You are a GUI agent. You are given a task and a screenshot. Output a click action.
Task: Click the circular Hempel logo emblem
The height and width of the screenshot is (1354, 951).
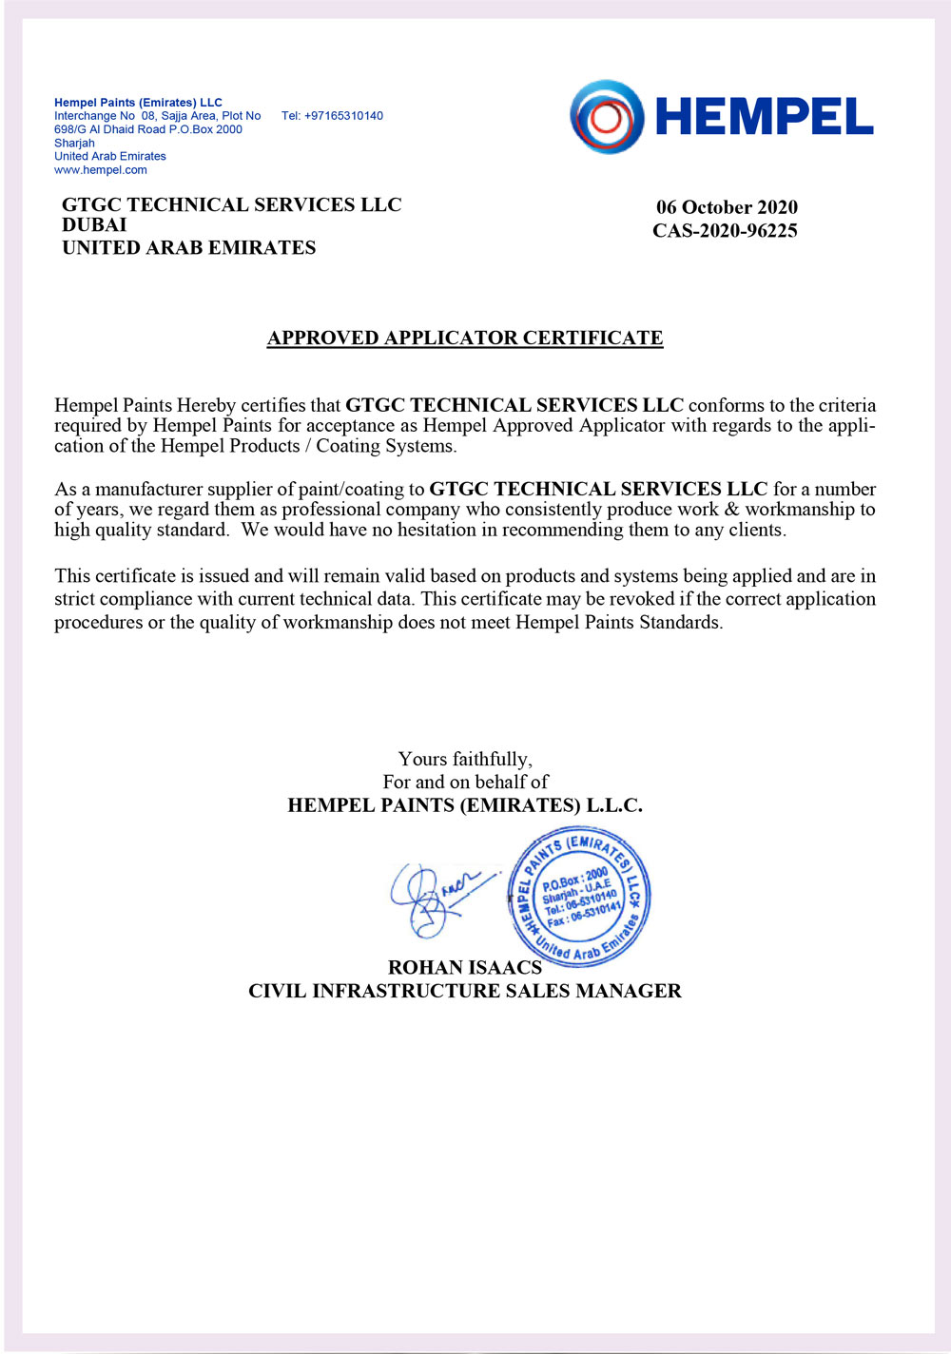tap(607, 117)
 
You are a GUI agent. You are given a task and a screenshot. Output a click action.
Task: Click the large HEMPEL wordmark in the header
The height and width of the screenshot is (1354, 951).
tap(764, 117)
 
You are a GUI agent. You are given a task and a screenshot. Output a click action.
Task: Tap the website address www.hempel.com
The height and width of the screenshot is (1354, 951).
tap(101, 170)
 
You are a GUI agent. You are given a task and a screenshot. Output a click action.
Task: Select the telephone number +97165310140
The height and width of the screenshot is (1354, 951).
tap(332, 116)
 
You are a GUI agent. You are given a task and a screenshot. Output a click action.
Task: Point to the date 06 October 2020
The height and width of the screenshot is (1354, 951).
tap(727, 207)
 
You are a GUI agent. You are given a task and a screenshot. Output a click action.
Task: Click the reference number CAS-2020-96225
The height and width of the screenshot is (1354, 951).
tap(725, 230)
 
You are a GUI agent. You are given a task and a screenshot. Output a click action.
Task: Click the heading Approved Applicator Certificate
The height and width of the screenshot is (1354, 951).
tap(465, 338)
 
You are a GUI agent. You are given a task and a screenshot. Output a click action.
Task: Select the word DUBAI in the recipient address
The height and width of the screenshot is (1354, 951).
tap(94, 225)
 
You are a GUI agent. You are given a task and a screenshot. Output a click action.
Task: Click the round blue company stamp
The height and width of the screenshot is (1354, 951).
tap(579, 897)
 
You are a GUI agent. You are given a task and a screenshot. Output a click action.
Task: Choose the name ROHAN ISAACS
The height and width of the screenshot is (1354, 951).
tap(465, 967)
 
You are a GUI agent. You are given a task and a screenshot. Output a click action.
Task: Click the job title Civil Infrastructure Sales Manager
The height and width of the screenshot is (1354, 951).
tap(465, 991)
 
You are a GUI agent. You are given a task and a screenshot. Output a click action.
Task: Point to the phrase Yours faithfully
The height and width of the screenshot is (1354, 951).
tap(465, 759)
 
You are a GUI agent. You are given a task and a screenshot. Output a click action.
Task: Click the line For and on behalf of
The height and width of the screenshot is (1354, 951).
tap(465, 782)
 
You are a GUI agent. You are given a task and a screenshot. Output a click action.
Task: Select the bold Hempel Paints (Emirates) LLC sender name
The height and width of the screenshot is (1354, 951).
tap(138, 103)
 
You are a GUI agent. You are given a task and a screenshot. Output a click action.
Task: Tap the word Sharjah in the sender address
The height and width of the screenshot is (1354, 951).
tap(74, 143)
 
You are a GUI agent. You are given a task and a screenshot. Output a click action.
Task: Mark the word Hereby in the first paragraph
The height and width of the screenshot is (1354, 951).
tap(206, 405)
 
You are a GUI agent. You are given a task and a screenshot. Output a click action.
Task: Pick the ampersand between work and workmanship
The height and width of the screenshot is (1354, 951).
tap(731, 510)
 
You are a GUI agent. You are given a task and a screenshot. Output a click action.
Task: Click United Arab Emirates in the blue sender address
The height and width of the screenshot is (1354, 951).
tap(110, 156)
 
